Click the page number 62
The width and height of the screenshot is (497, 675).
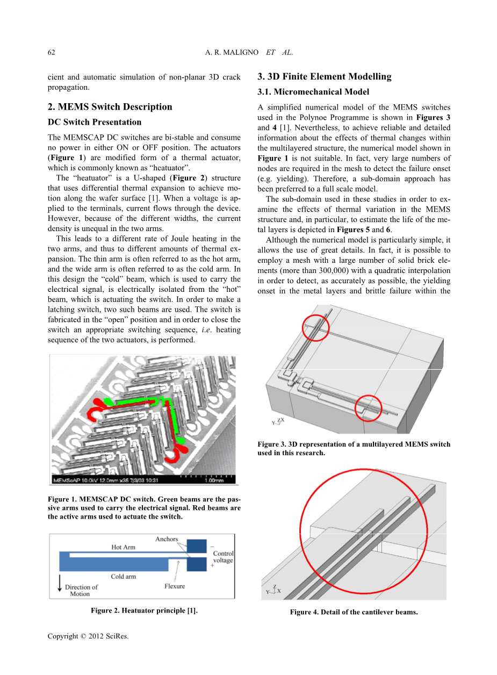52,53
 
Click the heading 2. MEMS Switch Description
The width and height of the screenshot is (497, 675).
110,106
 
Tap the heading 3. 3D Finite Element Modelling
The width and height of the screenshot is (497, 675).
325,76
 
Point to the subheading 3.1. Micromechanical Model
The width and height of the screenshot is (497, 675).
313,92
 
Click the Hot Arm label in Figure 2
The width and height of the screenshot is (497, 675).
123,547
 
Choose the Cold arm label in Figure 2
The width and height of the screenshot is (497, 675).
123,577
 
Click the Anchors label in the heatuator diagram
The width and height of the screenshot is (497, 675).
167,539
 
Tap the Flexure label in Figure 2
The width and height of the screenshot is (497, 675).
175,586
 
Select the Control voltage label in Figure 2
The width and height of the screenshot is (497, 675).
223,557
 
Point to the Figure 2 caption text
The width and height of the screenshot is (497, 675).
144,611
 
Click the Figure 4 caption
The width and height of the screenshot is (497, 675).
354,612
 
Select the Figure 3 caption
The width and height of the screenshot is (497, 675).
354,448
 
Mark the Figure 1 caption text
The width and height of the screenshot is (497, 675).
144,508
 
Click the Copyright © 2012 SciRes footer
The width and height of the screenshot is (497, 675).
88,636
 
